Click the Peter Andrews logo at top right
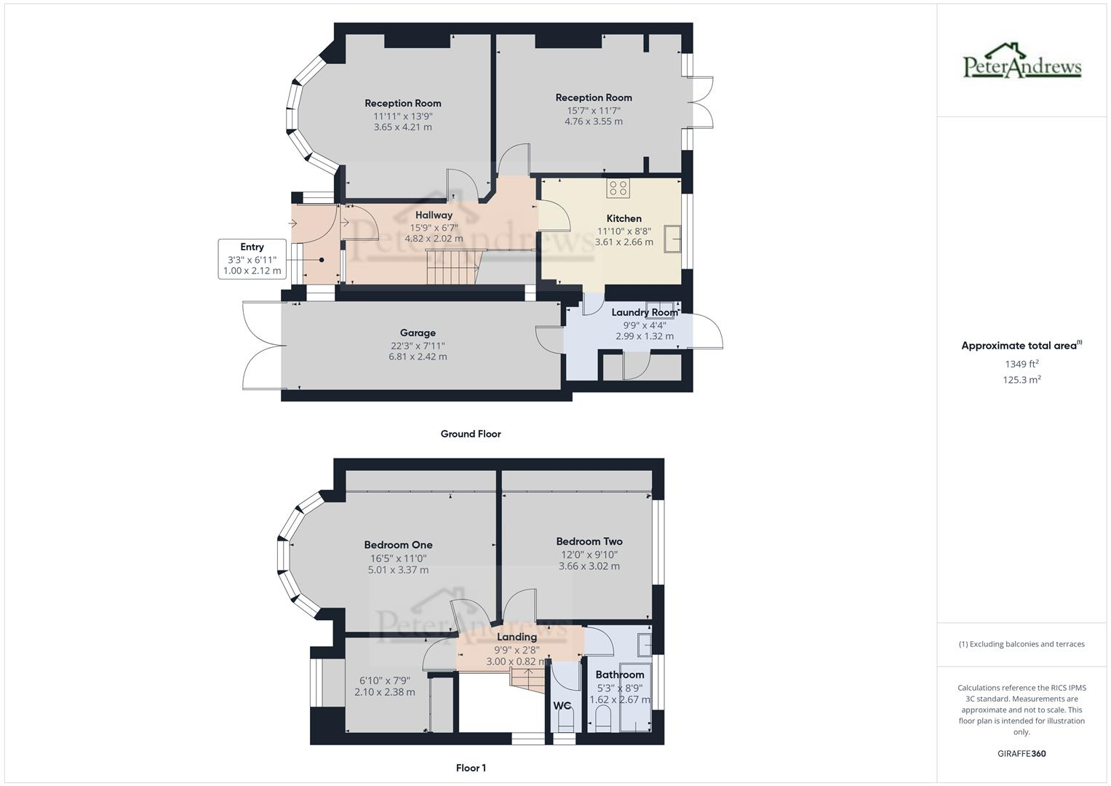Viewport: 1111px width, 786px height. pyautogui.click(x=1022, y=62)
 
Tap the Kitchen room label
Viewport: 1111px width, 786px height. pyautogui.click(x=624, y=218)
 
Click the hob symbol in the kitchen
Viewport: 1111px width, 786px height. pyautogui.click(x=618, y=188)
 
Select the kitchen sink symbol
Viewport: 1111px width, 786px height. pyautogui.click(x=672, y=239)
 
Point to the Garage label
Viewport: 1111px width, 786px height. pyautogui.click(x=418, y=333)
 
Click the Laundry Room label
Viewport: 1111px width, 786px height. pyautogui.click(x=644, y=312)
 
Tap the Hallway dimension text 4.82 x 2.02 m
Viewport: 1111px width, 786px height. pyautogui.click(x=434, y=238)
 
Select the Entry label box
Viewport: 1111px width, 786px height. pyautogui.click(x=252, y=258)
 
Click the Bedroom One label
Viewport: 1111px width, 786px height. pyautogui.click(x=398, y=544)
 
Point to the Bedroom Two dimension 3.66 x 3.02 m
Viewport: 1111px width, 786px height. pyautogui.click(x=589, y=565)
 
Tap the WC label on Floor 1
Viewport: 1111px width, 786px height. pyautogui.click(x=562, y=705)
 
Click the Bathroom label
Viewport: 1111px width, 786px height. pyautogui.click(x=619, y=675)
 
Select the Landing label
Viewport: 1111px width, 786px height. pyautogui.click(x=517, y=637)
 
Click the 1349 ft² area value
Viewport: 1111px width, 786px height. pyautogui.click(x=1022, y=364)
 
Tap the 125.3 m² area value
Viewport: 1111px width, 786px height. pyautogui.click(x=1022, y=379)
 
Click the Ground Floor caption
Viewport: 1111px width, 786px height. pyautogui.click(x=471, y=434)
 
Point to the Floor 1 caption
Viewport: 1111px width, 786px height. pyautogui.click(x=471, y=768)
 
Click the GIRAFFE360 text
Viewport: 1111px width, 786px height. pyautogui.click(x=1022, y=753)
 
